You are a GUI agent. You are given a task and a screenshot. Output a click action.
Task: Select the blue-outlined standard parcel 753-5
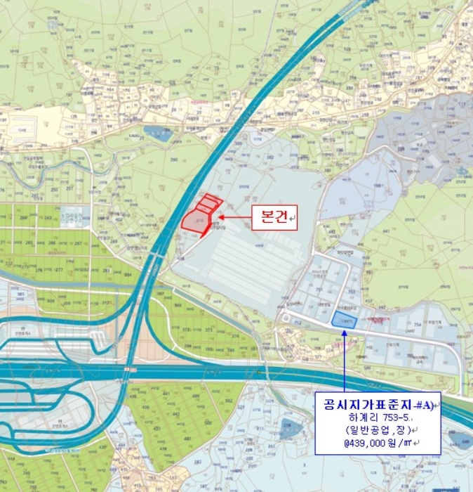click(x=344, y=321)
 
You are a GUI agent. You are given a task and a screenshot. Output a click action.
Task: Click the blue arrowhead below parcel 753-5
click(x=345, y=333)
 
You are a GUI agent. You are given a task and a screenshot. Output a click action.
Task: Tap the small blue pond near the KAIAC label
click(x=155, y=134)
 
